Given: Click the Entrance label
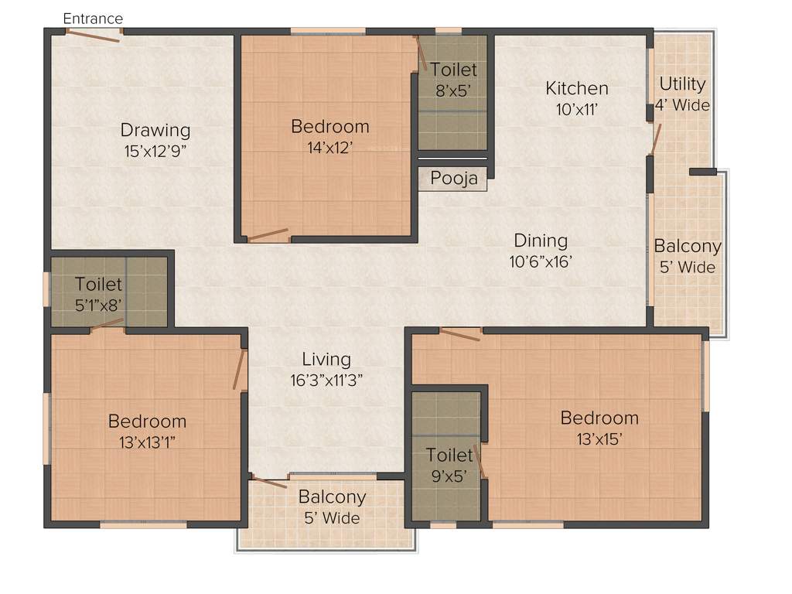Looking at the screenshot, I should (x=92, y=18).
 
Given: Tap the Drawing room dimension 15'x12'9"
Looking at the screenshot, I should (x=155, y=151).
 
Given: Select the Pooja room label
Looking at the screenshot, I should (x=454, y=179).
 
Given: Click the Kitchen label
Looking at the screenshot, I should (x=577, y=88).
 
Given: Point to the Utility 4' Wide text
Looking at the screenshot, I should (x=682, y=94).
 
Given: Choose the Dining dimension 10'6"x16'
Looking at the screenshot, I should (x=541, y=262).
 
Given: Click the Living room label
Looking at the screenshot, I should (x=326, y=359).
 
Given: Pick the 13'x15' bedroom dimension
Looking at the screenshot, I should (x=599, y=439).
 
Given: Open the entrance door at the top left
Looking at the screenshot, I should (x=93, y=35).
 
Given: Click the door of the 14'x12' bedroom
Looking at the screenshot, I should (x=268, y=234).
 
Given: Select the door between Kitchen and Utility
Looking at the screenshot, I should (x=656, y=138).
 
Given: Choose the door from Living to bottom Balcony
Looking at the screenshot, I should (x=270, y=482).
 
